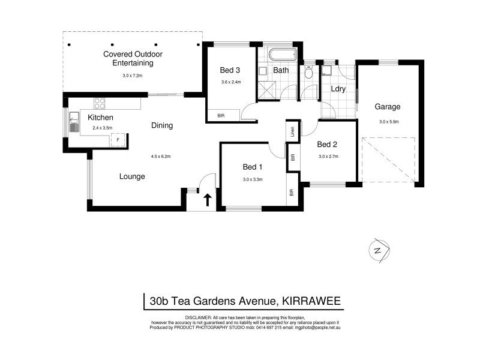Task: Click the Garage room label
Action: click(388, 107)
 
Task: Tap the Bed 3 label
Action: click(230, 70)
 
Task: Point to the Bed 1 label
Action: click(253, 166)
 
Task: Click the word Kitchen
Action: click(101, 117)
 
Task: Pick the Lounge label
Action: click(132, 176)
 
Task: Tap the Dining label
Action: click(162, 125)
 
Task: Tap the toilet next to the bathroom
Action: click(309, 73)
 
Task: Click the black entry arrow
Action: click(208, 199)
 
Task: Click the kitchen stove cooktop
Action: click(98, 102)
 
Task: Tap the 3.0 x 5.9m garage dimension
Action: click(389, 122)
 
